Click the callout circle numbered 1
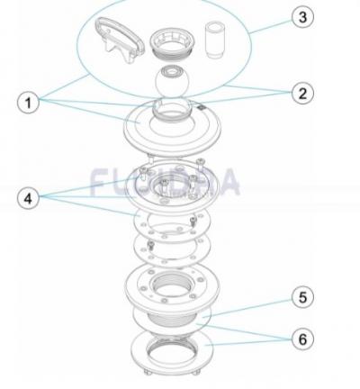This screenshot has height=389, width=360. pyautogui.click(x=31, y=103)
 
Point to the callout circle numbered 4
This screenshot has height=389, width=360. pyautogui.click(x=31, y=197)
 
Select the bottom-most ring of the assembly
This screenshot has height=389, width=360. pyautogui.click(x=171, y=353)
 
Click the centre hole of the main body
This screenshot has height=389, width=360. pyautogui.click(x=171, y=290)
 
